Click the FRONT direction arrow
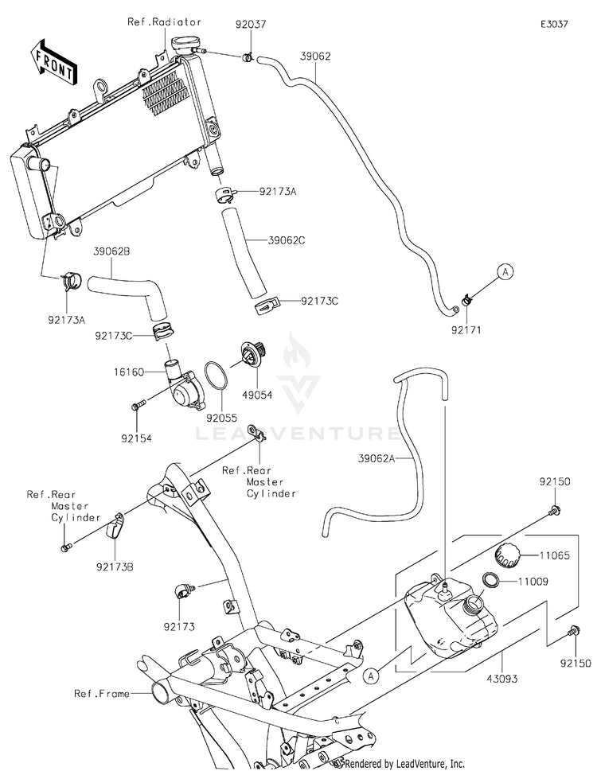coord(53,61)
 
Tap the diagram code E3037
coord(554,24)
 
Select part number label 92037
coord(250,24)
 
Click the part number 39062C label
coord(287,240)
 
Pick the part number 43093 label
coord(502,679)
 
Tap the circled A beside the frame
coord(371,676)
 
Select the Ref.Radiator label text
coord(164,22)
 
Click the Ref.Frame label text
coord(102,693)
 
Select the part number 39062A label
coord(377,459)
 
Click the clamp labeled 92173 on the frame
coord(184,590)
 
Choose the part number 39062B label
coord(111,251)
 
